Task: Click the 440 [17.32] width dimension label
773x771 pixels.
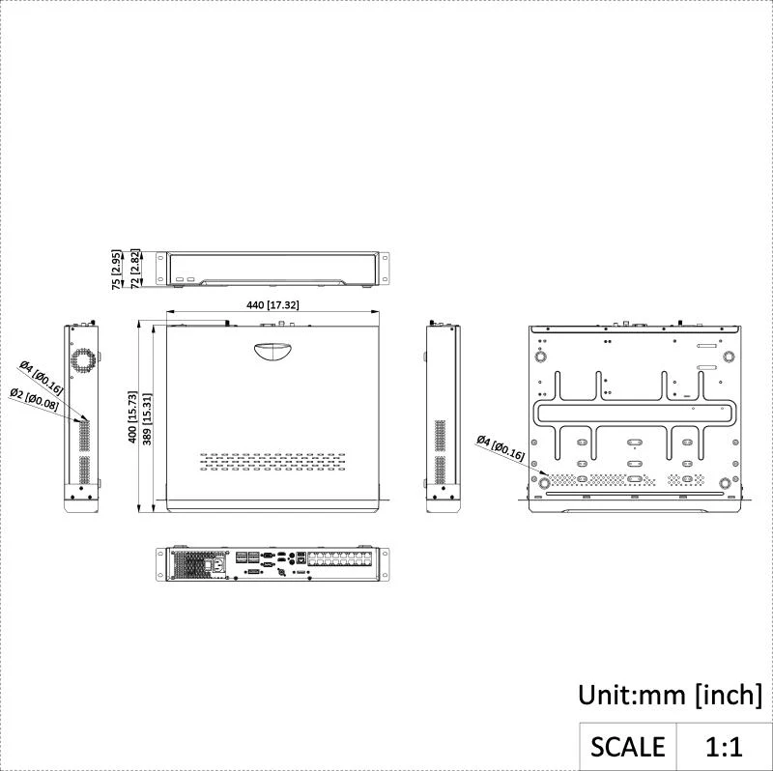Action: pos(272,305)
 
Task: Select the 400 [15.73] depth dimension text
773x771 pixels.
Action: pos(132,417)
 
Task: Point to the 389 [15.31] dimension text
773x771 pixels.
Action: pos(147,419)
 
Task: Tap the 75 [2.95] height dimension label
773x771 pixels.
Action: pos(116,270)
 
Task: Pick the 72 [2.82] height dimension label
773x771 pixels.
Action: pos(135,269)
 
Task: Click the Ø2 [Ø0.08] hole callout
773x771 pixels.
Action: pos(35,399)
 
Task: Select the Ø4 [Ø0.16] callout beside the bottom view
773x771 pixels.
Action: pos(501,447)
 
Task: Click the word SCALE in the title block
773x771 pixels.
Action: pos(627,746)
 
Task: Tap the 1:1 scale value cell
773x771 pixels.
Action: pos(724,746)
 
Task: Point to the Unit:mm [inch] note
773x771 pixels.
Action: pos(670,695)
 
